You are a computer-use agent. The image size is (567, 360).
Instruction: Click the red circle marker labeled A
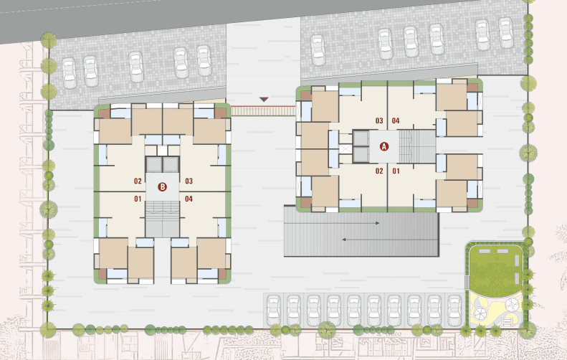click(384, 146)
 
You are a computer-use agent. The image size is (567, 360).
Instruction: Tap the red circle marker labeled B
click(163, 187)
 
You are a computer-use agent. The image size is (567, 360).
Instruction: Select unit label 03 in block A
click(379, 121)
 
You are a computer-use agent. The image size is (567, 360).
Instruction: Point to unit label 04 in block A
click(396, 121)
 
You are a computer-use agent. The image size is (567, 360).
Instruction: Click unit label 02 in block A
click(379, 171)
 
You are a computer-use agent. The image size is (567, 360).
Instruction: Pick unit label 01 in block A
click(396, 171)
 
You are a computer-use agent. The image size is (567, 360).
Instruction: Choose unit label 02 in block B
click(138, 181)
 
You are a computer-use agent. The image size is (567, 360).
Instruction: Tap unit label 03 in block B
click(189, 181)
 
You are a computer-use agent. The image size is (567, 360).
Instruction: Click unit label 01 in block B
click(138, 199)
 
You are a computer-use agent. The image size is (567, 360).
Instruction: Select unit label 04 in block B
click(189, 199)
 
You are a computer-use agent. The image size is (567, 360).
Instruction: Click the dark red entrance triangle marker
click(264, 99)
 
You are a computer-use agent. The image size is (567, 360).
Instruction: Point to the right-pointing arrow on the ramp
click(332, 223)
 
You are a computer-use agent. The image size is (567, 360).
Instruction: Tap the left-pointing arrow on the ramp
click(390, 240)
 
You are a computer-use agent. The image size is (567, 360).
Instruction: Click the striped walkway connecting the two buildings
click(263, 110)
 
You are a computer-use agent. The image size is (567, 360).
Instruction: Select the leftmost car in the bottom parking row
click(273, 310)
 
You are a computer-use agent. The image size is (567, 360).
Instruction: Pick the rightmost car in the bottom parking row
click(454, 310)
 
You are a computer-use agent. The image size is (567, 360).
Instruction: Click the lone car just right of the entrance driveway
click(318, 50)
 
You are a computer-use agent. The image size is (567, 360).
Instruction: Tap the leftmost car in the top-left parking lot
click(69, 72)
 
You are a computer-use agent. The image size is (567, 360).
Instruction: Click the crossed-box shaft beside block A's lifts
click(346, 148)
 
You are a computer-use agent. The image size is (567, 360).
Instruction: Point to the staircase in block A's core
click(417, 146)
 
